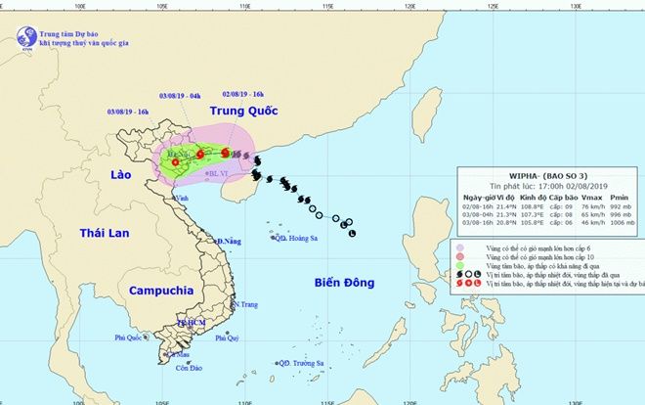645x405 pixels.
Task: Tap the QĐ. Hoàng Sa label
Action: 298,238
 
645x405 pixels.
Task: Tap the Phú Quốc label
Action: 128,337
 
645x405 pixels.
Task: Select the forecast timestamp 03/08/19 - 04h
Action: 180,95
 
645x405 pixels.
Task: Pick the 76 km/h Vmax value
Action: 593,207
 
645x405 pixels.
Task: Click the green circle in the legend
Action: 460,264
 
